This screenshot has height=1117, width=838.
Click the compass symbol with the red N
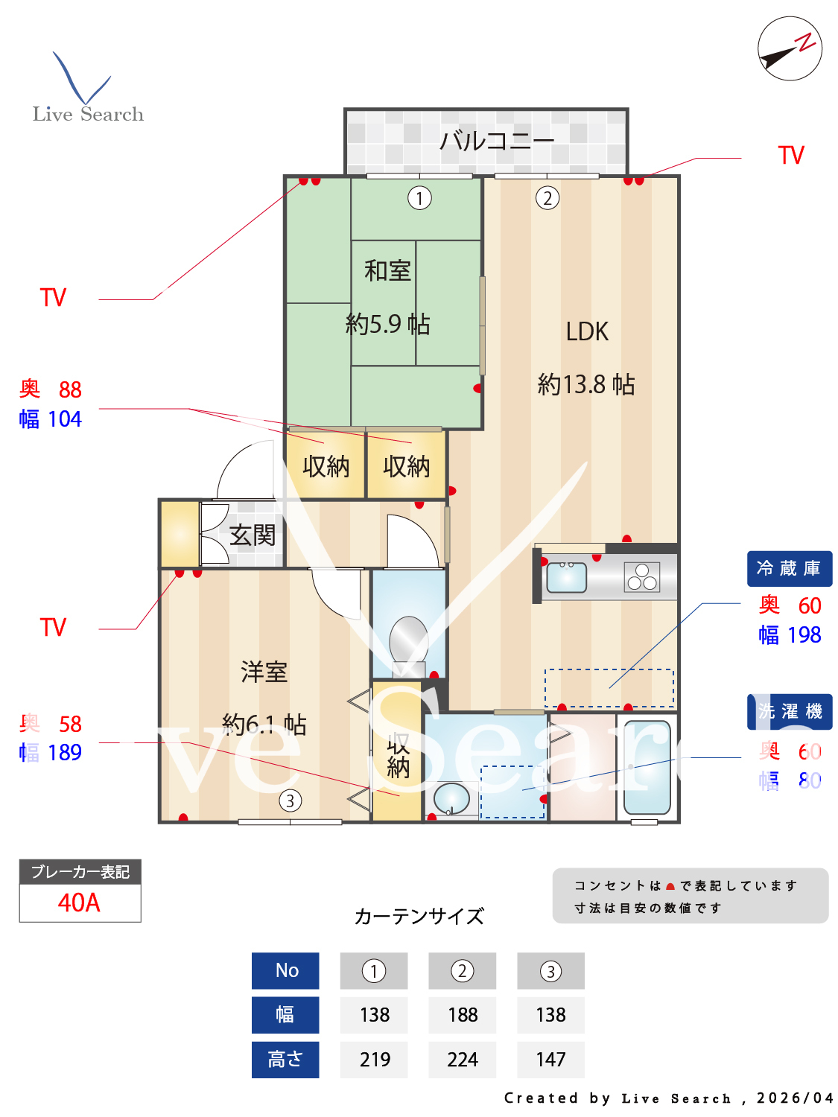[x=790, y=48]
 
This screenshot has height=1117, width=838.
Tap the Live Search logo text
[x=88, y=114]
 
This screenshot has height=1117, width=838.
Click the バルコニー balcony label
[x=496, y=140]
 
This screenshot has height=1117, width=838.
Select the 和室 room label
[x=387, y=270]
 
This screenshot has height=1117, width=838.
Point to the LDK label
[x=587, y=331]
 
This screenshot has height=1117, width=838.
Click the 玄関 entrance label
[x=253, y=535]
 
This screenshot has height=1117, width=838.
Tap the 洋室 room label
[x=264, y=672]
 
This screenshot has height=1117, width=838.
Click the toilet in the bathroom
[x=408, y=640]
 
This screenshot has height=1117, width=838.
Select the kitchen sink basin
[x=566, y=577]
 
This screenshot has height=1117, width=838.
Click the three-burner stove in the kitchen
[x=641, y=577]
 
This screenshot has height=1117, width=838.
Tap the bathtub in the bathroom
[x=647, y=767]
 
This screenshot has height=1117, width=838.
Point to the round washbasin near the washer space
[x=451, y=799]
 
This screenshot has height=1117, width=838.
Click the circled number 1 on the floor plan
[x=419, y=198]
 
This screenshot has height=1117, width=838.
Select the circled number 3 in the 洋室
[x=290, y=801]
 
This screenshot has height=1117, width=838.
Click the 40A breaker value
[x=79, y=903]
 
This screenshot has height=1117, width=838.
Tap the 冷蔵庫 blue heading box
[x=789, y=569]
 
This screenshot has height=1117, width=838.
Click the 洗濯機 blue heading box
[x=789, y=712]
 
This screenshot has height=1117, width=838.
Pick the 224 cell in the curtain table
[x=462, y=1059]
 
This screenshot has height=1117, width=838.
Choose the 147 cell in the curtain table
[x=550, y=1059]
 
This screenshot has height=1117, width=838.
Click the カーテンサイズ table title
[x=419, y=916]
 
